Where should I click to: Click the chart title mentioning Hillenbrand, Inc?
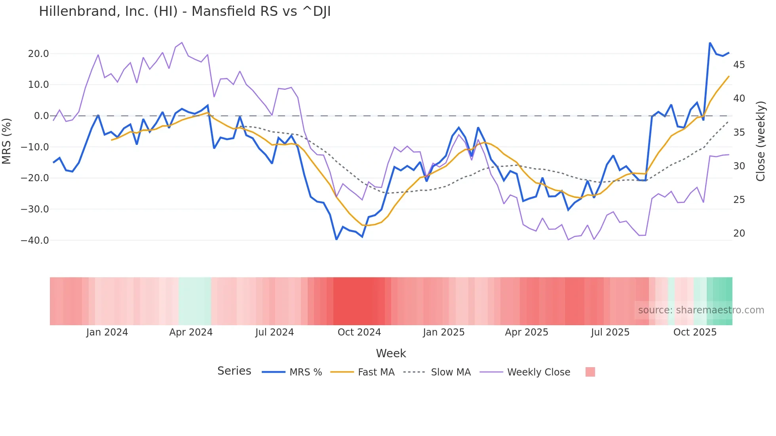[184, 11]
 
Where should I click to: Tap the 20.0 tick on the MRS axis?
[38, 54]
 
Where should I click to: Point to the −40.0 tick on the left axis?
[35, 241]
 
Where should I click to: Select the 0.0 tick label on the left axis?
[41, 116]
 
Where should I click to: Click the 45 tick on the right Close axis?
[739, 65]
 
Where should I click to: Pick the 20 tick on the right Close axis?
[739, 233]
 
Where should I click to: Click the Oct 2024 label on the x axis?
[359, 332]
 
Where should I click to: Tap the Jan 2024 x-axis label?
[107, 332]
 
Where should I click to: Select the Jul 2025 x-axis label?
[610, 332]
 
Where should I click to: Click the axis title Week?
[391, 353]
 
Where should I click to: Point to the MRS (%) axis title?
[7, 141]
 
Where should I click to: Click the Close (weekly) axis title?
[760, 141]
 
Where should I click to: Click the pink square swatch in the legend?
[590, 372]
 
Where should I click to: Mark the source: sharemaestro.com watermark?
[701, 310]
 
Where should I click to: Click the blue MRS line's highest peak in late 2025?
[710, 43]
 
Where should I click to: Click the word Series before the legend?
[234, 371]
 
